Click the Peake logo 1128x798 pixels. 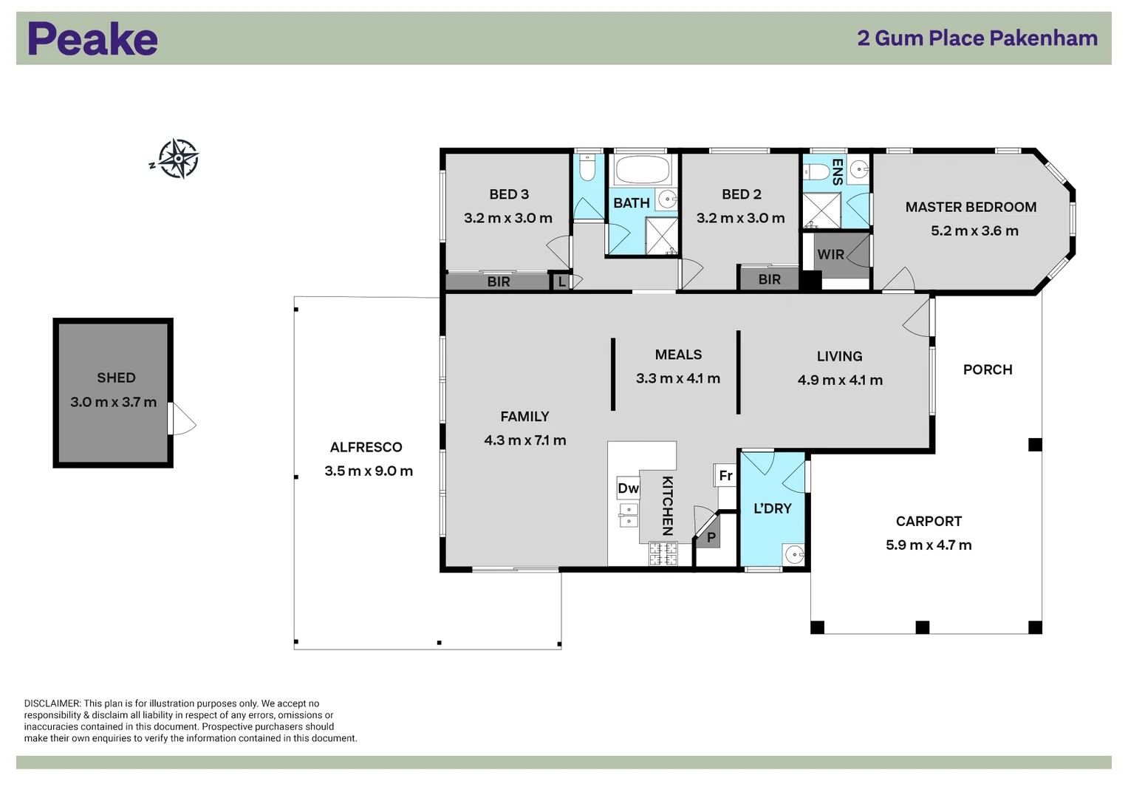tap(92, 38)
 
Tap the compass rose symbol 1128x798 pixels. tap(178, 159)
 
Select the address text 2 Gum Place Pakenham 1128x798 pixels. tap(977, 38)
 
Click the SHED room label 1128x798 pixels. tap(116, 378)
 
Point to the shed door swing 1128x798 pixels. tap(184, 419)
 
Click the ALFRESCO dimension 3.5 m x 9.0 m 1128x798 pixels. tap(369, 471)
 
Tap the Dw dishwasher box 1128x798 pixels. tap(628, 488)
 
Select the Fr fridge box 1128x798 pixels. tap(725, 475)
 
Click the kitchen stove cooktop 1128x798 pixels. tap(663, 553)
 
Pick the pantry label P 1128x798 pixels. tap(711, 538)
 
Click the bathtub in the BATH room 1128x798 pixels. tap(643, 170)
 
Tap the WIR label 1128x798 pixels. tap(830, 254)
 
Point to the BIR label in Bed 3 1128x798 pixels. tap(499, 282)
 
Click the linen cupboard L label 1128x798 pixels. tap(562, 282)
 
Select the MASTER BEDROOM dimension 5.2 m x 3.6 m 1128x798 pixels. tap(974, 231)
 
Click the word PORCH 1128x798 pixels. tap(988, 369)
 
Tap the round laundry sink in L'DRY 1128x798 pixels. tap(794, 555)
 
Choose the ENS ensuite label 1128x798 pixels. tap(837, 171)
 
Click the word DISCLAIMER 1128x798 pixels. tap(52, 703)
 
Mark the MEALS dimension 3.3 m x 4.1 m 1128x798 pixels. tap(678, 378)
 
